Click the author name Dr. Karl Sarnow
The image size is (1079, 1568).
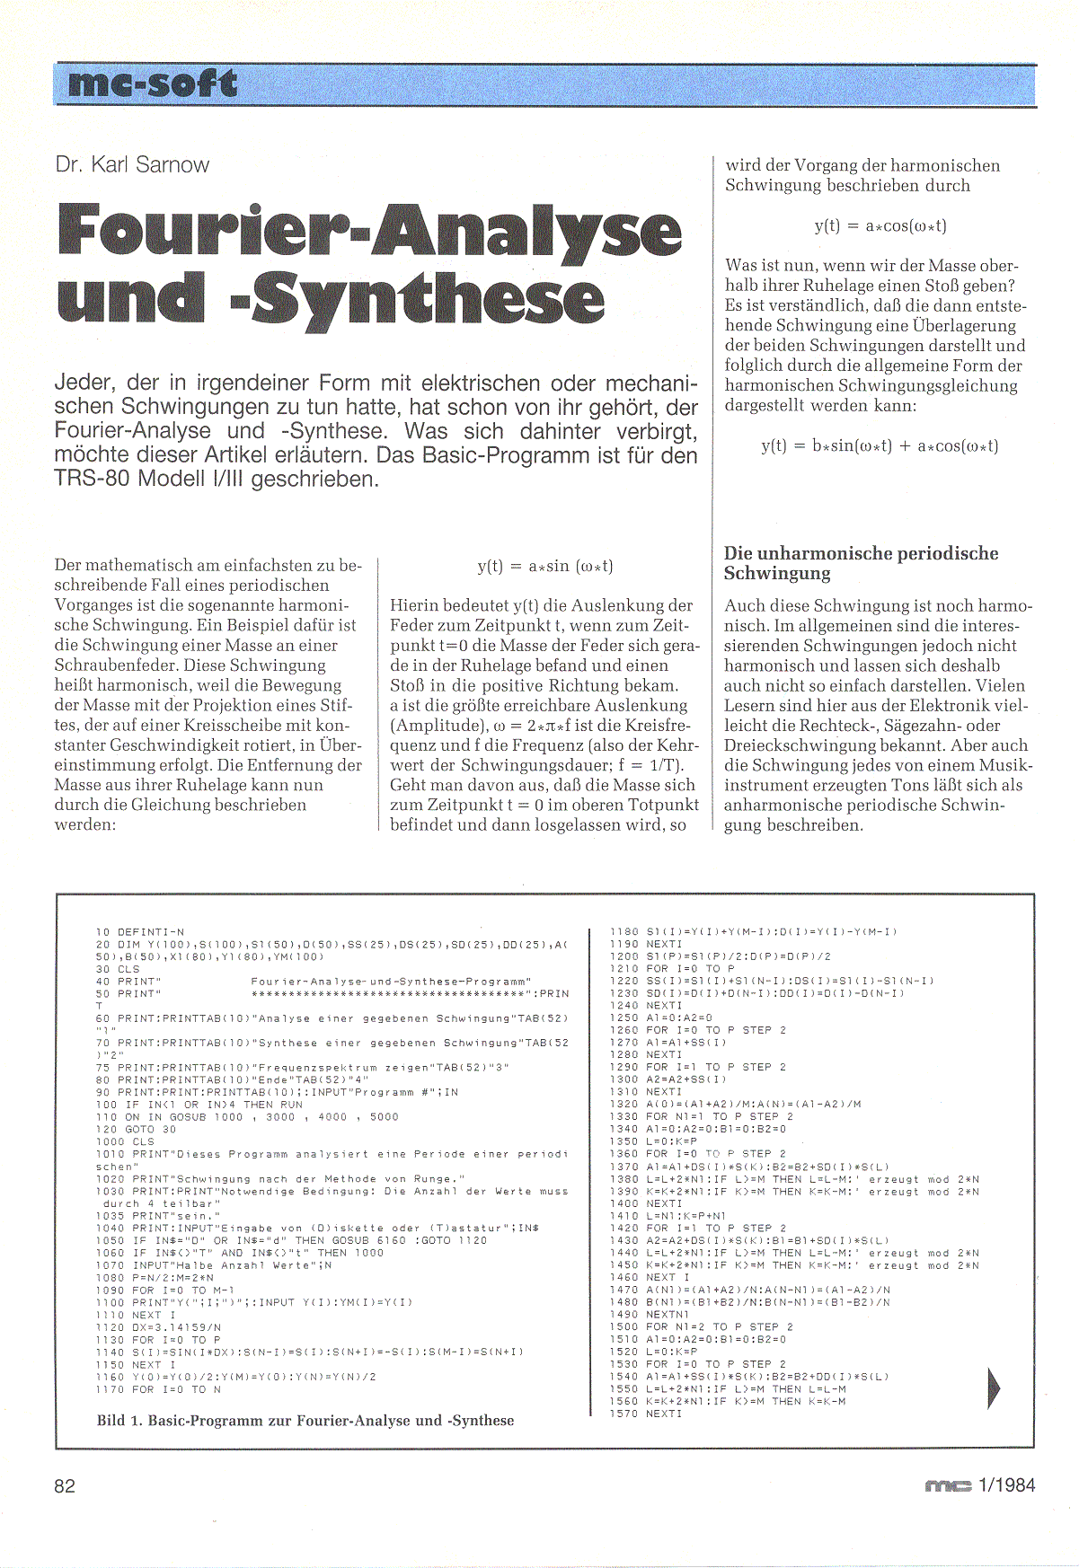pyautogui.click(x=132, y=165)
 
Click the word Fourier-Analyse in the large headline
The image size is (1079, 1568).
pyautogui.click(x=369, y=231)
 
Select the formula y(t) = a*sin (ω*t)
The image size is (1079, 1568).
pyautogui.click(x=545, y=567)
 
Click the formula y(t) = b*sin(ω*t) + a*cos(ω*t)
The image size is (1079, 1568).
pyautogui.click(x=880, y=446)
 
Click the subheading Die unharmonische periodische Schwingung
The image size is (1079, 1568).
pyautogui.click(x=861, y=563)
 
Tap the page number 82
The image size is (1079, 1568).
pyautogui.click(x=65, y=1485)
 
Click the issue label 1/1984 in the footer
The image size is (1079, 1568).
pyautogui.click(x=1005, y=1485)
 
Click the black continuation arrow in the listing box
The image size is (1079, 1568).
pyautogui.click(x=994, y=1387)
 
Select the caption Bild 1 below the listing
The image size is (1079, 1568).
pyautogui.click(x=305, y=1421)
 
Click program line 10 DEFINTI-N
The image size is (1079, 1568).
pyautogui.click(x=139, y=932)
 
